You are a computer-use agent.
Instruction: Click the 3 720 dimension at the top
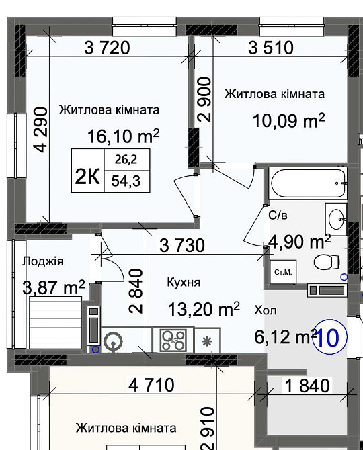point(107,47)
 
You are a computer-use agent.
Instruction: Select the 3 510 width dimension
point(272,47)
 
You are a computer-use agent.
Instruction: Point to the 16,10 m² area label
point(123,136)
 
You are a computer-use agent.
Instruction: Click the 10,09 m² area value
point(288,121)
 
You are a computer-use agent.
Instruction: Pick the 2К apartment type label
point(87,177)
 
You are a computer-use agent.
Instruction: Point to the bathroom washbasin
point(336,216)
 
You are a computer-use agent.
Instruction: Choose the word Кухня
point(183,283)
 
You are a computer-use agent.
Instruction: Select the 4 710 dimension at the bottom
point(151,385)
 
